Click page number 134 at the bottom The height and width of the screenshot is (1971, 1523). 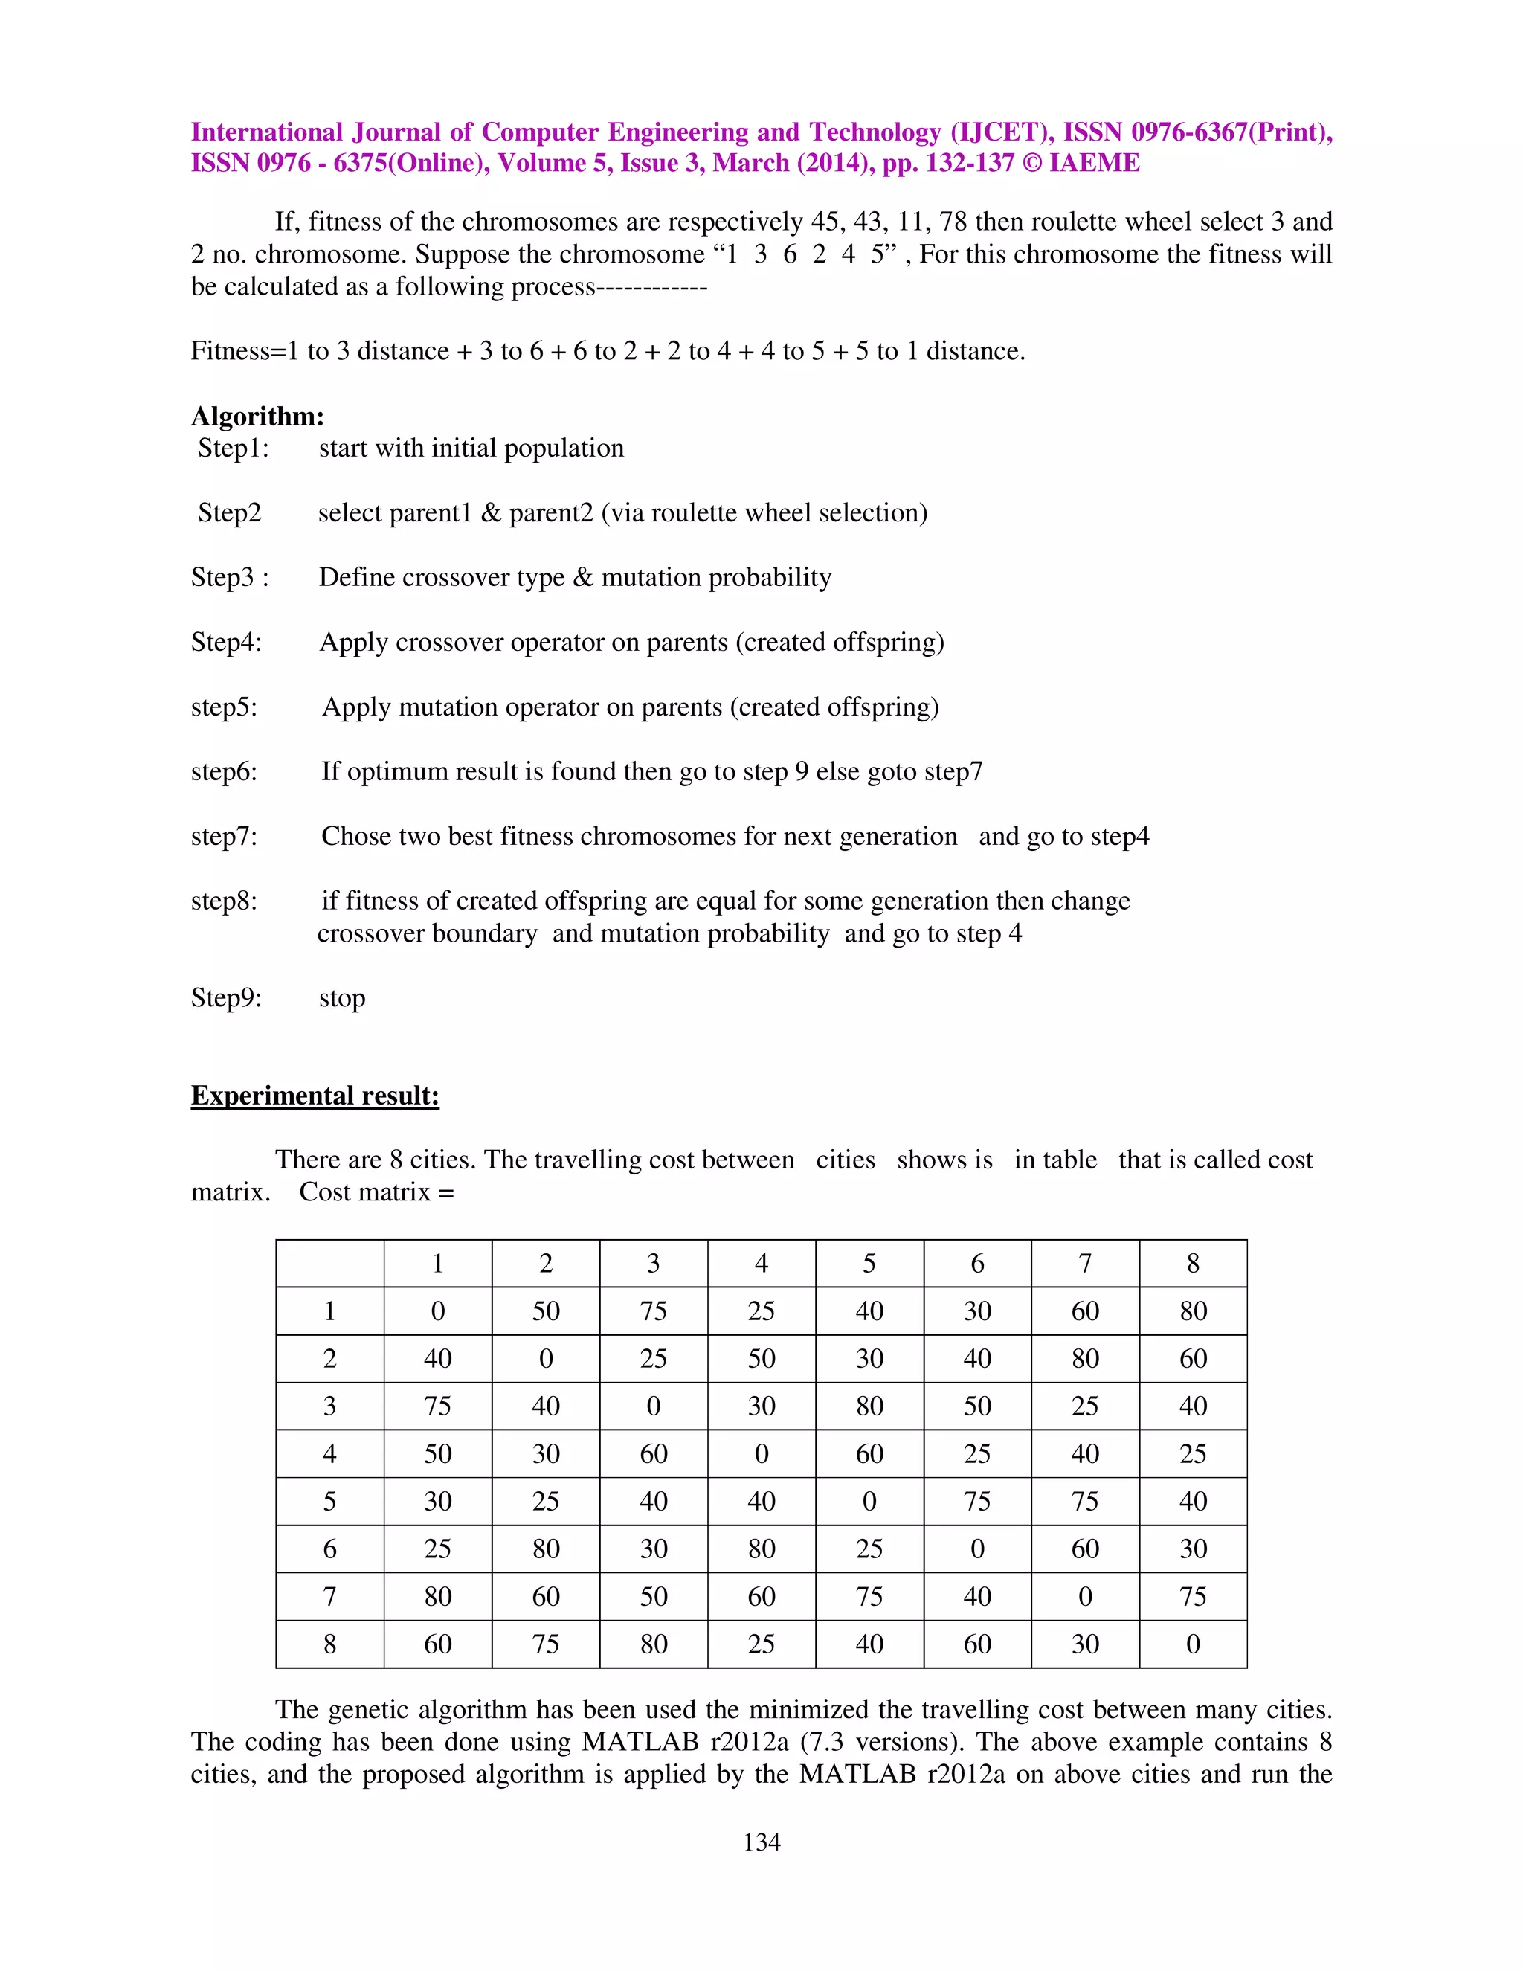(761, 1842)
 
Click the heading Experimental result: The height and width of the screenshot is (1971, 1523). (315, 1095)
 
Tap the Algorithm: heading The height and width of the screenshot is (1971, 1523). (257, 416)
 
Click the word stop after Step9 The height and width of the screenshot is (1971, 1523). (342, 997)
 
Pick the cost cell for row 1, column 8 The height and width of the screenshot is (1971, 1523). (1193, 1311)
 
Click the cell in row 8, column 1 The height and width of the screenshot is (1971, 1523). (437, 1644)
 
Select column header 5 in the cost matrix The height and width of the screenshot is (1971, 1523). (869, 1264)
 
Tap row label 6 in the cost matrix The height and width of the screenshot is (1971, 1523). (329, 1549)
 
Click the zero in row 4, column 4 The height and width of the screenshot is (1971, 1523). (761, 1453)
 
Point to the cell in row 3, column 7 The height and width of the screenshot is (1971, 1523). (1084, 1405)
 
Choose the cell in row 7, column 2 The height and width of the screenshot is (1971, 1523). (546, 1595)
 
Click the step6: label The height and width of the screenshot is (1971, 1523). (224, 771)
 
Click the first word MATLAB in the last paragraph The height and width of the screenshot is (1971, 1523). (640, 1742)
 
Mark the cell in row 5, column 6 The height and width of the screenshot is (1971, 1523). (977, 1501)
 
